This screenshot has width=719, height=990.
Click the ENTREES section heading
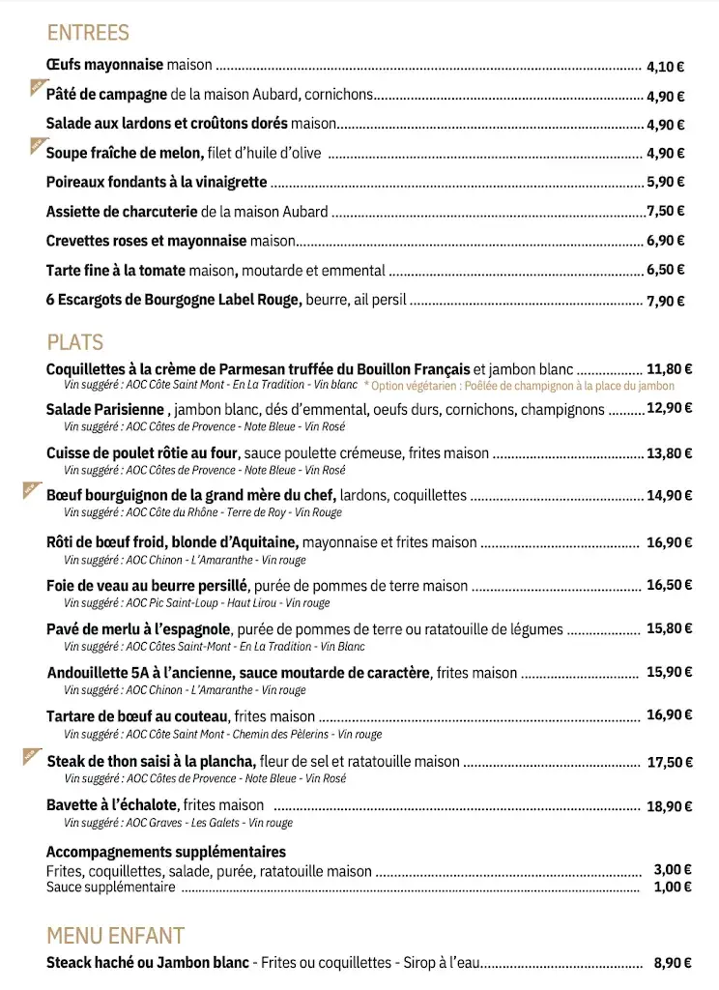[87, 33]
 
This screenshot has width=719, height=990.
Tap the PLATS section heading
[74, 342]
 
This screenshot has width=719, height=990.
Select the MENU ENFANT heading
[115, 936]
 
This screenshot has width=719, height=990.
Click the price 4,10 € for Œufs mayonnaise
[665, 68]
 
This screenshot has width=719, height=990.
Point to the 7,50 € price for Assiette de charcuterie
[666, 212]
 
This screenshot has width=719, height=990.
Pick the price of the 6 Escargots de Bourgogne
[665, 302]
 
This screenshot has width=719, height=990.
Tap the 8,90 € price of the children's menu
[673, 964]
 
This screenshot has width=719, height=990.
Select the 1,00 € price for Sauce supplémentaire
[673, 888]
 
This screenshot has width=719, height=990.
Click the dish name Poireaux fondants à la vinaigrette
[157, 183]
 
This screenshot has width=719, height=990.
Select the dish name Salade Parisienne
[105, 410]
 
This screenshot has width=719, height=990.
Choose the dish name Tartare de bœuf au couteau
[137, 716]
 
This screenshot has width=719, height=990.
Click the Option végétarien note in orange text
[519, 386]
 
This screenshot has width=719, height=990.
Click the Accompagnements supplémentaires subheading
[166, 852]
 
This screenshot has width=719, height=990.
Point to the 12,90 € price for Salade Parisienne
[670, 408]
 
